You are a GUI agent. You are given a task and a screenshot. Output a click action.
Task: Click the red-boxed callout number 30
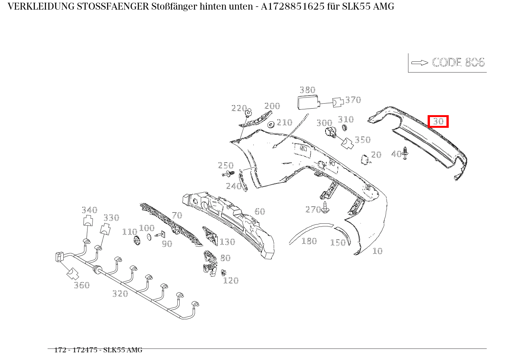(x=438, y=122)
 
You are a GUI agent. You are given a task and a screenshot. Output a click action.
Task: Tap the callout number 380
(x=307, y=90)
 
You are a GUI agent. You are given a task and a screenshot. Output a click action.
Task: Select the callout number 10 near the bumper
(x=377, y=251)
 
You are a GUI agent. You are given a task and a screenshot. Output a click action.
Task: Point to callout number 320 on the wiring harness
(x=120, y=294)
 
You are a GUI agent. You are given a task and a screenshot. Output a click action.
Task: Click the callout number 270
(x=313, y=209)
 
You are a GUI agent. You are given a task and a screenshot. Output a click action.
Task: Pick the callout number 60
(x=260, y=211)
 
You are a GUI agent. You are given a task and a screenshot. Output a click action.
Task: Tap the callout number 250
(x=226, y=165)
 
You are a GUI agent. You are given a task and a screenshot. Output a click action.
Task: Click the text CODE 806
(x=458, y=63)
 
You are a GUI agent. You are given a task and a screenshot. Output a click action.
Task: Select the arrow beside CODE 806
(x=420, y=63)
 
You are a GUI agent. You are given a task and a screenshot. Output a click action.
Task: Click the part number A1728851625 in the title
(x=289, y=7)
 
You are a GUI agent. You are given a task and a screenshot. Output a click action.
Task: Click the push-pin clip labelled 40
(x=405, y=153)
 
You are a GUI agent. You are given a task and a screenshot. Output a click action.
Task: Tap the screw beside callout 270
(x=326, y=208)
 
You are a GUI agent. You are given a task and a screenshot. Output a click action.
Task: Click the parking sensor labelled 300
(x=331, y=132)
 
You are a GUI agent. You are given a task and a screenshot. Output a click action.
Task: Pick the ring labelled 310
(x=344, y=129)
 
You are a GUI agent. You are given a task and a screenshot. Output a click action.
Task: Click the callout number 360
(x=82, y=285)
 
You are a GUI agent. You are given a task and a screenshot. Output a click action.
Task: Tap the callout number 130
(x=227, y=242)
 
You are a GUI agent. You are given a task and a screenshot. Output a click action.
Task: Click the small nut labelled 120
(x=223, y=273)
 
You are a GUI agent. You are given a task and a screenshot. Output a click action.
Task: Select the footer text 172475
(x=85, y=350)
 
